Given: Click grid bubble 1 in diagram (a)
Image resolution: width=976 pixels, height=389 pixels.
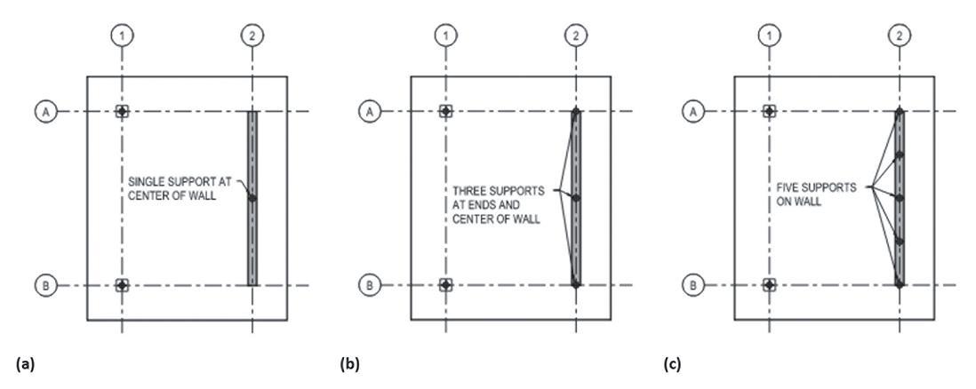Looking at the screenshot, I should [x=122, y=36].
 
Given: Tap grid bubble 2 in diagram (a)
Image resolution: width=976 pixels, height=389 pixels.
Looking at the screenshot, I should [x=252, y=36].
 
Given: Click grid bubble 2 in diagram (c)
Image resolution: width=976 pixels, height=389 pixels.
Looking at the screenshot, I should [x=900, y=36].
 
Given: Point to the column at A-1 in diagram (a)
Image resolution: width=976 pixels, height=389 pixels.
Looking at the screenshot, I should [x=122, y=111].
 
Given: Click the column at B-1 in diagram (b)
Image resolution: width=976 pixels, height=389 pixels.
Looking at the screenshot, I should [x=445, y=285].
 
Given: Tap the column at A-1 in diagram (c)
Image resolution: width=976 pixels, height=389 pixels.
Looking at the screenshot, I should [x=769, y=111].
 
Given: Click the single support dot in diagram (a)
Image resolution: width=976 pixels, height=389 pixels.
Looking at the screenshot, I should [x=252, y=198].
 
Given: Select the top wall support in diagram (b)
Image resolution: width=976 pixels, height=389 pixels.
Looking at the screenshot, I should [x=576, y=112].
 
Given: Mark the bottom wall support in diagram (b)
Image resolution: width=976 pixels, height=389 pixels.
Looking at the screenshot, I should [x=576, y=284].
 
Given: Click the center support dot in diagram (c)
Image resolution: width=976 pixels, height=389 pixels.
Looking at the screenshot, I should [x=900, y=198].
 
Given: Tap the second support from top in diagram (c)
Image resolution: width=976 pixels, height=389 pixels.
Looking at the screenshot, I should [x=900, y=155].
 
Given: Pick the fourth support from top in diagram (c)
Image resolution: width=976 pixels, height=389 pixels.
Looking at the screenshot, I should [x=900, y=242].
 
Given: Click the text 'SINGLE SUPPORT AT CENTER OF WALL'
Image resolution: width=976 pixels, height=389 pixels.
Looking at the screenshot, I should [x=180, y=188].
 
